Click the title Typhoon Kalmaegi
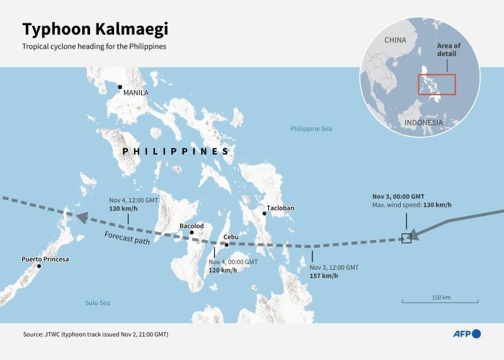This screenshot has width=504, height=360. pos(96,29)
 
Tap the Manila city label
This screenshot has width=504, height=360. pos(135,93)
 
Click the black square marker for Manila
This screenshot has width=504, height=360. pos(120,87)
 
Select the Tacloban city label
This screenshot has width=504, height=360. pos(280,207)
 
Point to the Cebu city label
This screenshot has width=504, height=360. pos(231,237)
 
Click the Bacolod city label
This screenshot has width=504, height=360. pos(192,225)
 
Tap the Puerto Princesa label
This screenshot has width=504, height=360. pos(45,259)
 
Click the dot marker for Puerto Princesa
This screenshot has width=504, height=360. pos(39,266)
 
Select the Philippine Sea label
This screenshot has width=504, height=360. pos(311,129)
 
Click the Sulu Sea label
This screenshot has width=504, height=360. pos(98,303)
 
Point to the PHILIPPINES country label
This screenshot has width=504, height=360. pos(175,152)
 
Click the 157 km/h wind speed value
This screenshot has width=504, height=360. pos(324,276)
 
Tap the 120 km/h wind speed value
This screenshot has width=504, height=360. pos(223,270)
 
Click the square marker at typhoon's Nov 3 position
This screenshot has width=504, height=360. pos(406,238)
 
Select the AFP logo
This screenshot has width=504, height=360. pos(466,334)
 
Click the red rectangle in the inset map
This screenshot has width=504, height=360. pos(437,84)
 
